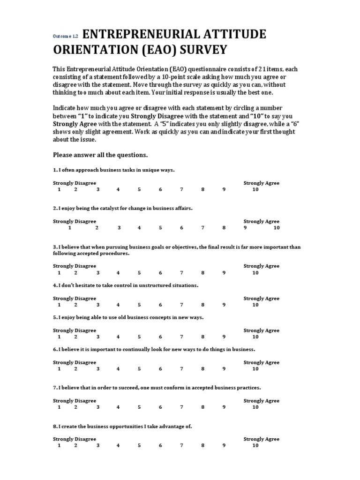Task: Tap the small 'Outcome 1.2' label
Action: pyautogui.click(x=65, y=36)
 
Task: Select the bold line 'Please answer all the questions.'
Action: pyautogui.click(x=100, y=155)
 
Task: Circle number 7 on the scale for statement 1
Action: pyautogui.click(x=181, y=189)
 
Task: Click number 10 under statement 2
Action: pyautogui.click(x=277, y=228)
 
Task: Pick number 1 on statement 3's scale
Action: pyautogui.click(x=59, y=272)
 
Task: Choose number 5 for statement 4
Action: pyautogui.click(x=139, y=305)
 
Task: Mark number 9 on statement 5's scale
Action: pyautogui.click(x=224, y=337)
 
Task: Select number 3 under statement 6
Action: pyautogui.click(x=98, y=369)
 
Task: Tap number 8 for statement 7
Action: pyautogui.click(x=203, y=407)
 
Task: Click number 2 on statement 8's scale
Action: pyautogui.click(x=75, y=446)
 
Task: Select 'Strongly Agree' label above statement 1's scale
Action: pyautogui.click(x=261, y=183)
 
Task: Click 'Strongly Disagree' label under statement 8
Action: pyautogui.click(x=75, y=439)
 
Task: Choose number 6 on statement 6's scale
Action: pyautogui.click(x=160, y=369)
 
